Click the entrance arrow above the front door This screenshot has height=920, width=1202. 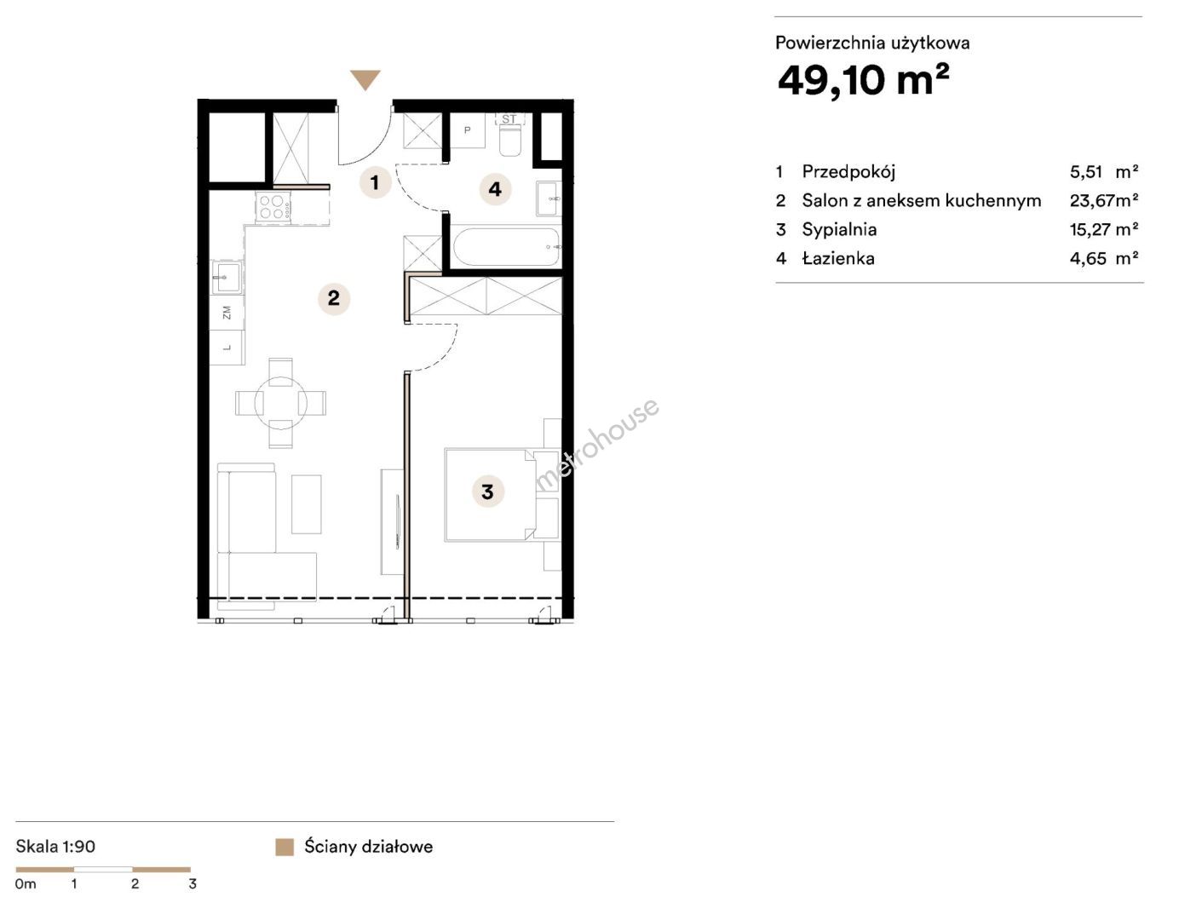(x=365, y=79)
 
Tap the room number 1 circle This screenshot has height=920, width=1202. (x=375, y=182)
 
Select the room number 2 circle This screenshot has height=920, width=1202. (x=333, y=298)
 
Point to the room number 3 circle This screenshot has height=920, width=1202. (x=487, y=492)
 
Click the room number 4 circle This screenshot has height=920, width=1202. (x=495, y=189)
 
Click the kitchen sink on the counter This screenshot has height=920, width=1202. (x=226, y=278)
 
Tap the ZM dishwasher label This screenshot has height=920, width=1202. (x=227, y=313)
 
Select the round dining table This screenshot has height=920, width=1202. (x=280, y=403)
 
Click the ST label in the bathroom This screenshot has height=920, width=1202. (x=509, y=119)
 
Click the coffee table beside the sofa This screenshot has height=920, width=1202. (x=306, y=503)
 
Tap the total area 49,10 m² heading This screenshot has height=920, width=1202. (x=862, y=80)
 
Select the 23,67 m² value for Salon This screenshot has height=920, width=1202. (x=1103, y=200)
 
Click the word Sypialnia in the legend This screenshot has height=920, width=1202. (x=839, y=229)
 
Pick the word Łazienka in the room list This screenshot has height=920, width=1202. (x=838, y=258)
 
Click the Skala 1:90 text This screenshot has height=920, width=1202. (x=55, y=846)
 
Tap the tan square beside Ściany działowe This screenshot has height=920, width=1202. (x=285, y=847)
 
